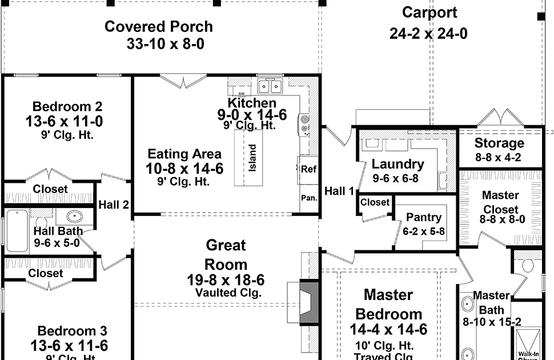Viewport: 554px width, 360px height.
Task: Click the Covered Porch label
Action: pyautogui.click(x=159, y=27)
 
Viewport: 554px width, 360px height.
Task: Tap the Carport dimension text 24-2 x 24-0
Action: pyautogui.click(x=428, y=34)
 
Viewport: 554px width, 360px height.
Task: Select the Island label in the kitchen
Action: pyautogui.click(x=252, y=157)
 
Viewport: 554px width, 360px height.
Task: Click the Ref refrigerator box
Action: pyautogui.click(x=308, y=169)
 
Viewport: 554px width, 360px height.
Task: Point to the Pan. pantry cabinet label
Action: pyautogui.click(x=308, y=198)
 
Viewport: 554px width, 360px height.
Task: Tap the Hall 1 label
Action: pyautogui.click(x=339, y=191)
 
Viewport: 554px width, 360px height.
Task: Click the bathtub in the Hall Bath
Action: pyautogui.click(x=17, y=230)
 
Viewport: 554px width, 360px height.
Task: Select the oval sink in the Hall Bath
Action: pyautogui.click(x=74, y=217)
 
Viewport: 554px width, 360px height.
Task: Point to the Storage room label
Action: pyautogui.click(x=499, y=143)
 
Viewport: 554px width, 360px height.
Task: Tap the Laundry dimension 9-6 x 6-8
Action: pyautogui.click(x=398, y=178)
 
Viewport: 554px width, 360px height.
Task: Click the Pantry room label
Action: pyautogui.click(x=423, y=218)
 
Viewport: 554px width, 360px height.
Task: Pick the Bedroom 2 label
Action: pyautogui.click(x=67, y=106)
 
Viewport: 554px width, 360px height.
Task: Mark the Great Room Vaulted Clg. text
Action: pyautogui.click(x=227, y=293)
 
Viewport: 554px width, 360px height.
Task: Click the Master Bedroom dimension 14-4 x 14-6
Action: pyautogui.click(x=388, y=330)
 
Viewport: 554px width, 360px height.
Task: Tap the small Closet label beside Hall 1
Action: pyautogui.click(x=375, y=202)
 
